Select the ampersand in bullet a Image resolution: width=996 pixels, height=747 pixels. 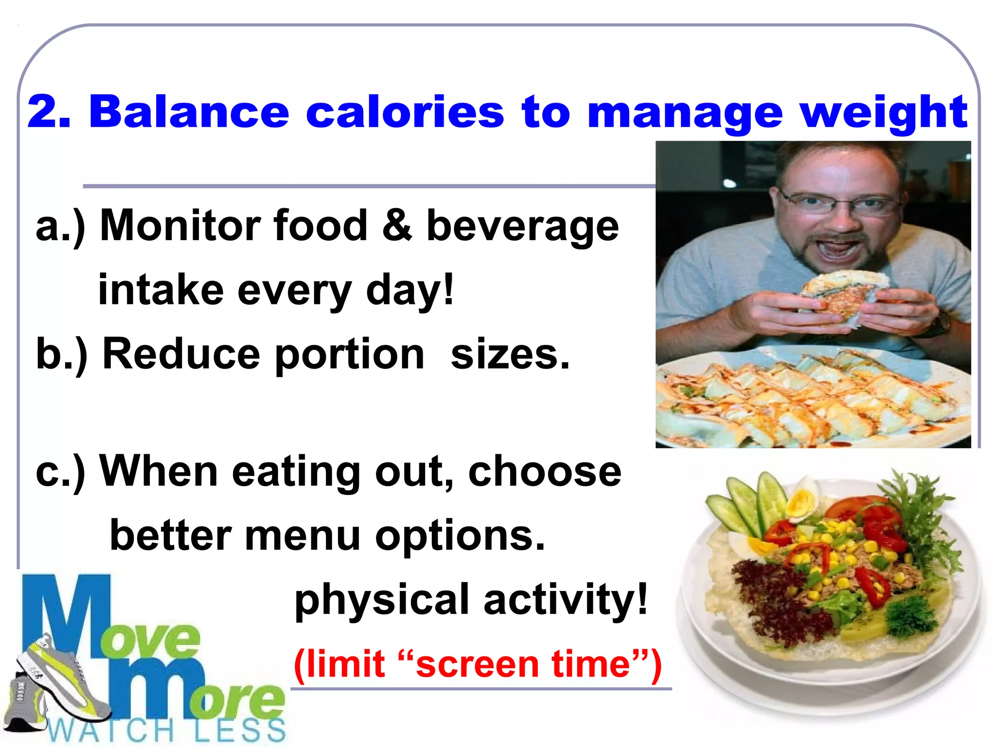397,225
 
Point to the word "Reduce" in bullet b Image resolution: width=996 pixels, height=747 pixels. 181,354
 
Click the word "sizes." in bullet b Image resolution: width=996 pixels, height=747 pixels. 510,354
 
